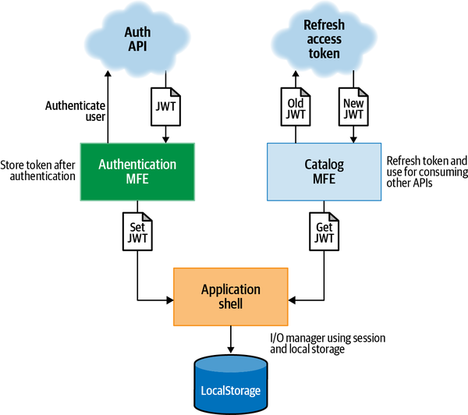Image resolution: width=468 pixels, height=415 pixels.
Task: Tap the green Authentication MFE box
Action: pos(137,172)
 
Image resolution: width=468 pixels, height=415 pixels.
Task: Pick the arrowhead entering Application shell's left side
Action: pos(169,298)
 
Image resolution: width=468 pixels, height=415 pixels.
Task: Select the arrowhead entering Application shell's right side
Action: pos(293,298)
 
